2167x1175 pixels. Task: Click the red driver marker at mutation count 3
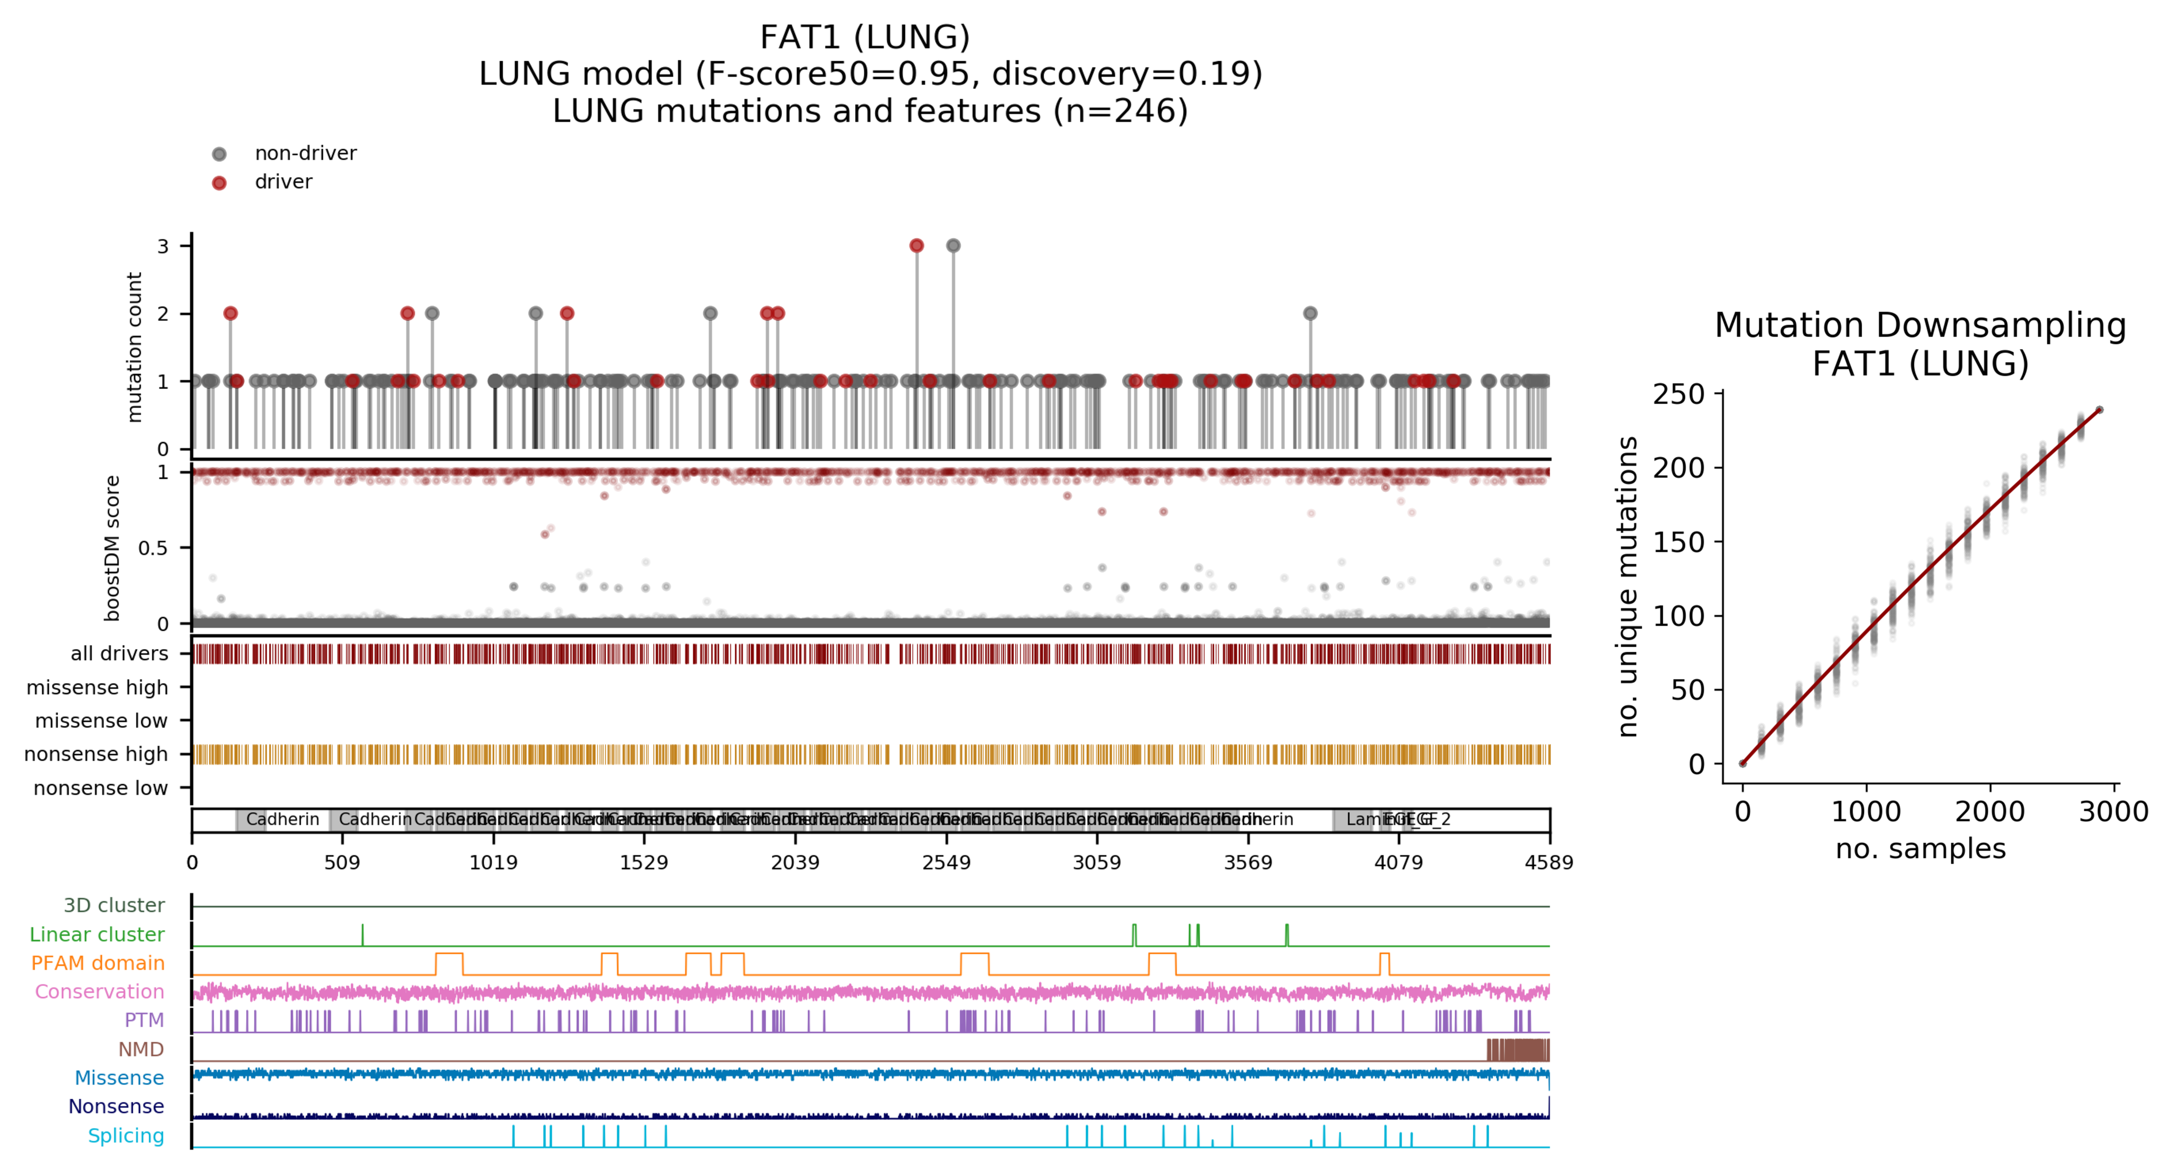tap(916, 245)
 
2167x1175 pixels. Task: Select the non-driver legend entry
tap(304, 153)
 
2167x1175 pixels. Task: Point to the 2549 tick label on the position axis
tap(946, 862)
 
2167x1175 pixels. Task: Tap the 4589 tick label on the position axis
tap(1549, 862)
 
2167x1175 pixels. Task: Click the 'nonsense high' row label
tap(96, 755)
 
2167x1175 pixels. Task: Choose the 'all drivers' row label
tap(119, 654)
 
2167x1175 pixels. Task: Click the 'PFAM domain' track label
tap(98, 963)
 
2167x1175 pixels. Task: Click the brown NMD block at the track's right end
tap(1518, 1050)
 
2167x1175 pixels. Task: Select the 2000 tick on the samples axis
tap(1990, 812)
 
